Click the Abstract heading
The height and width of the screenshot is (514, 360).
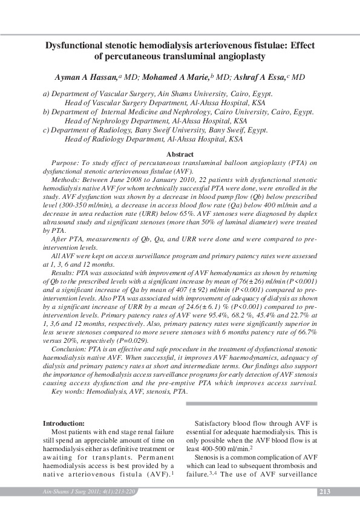pos(180,155)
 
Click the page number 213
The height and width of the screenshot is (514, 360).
pos(325,492)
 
